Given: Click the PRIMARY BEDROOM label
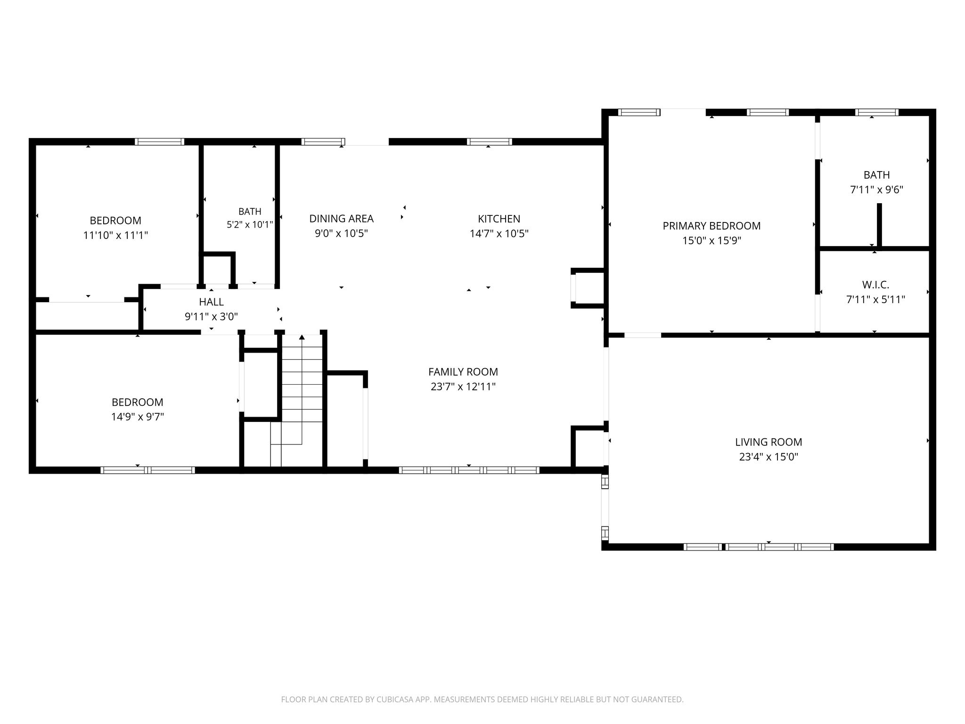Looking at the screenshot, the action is pyautogui.click(x=711, y=226).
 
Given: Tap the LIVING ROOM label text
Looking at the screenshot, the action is pyautogui.click(x=769, y=442).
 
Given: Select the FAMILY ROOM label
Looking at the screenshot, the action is pyautogui.click(x=463, y=372).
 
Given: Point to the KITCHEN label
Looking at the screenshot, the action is pyautogui.click(x=499, y=219).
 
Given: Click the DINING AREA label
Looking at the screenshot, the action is pyautogui.click(x=341, y=219).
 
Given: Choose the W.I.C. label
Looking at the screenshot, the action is pyautogui.click(x=875, y=285).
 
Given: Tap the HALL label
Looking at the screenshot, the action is pyautogui.click(x=211, y=302).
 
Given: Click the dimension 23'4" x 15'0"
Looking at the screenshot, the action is pyautogui.click(x=769, y=457).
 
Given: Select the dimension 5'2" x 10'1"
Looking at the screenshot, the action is pyautogui.click(x=250, y=225).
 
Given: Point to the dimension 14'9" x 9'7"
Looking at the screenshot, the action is pyautogui.click(x=138, y=417).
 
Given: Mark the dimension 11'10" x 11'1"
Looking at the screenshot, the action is pyautogui.click(x=115, y=235).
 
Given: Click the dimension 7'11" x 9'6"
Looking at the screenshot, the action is pyautogui.click(x=876, y=190).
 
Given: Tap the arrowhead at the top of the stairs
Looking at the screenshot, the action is pyautogui.click(x=302, y=337).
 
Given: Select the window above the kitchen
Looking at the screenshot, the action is pyautogui.click(x=489, y=141).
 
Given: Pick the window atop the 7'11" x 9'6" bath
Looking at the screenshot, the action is pyautogui.click(x=876, y=112).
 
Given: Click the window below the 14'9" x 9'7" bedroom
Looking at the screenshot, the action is pyautogui.click(x=147, y=470).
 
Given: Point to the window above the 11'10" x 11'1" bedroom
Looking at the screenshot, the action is pyautogui.click(x=159, y=141).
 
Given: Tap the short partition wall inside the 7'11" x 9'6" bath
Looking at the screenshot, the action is pyautogui.click(x=879, y=225).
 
